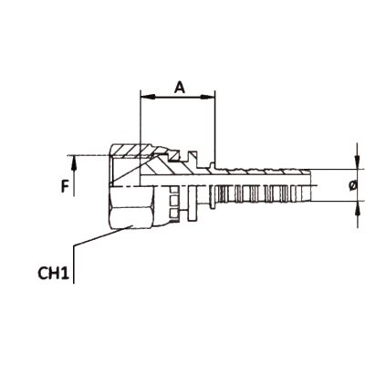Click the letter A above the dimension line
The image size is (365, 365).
(x=180, y=88)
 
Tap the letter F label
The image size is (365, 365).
(x=65, y=186)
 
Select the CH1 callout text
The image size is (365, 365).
(x=53, y=274)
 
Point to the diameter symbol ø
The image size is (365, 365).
(x=353, y=185)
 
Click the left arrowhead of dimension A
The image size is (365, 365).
(x=148, y=97)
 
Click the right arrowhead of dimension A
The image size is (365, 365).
(x=207, y=97)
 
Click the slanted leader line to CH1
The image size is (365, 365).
(x=102, y=235)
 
